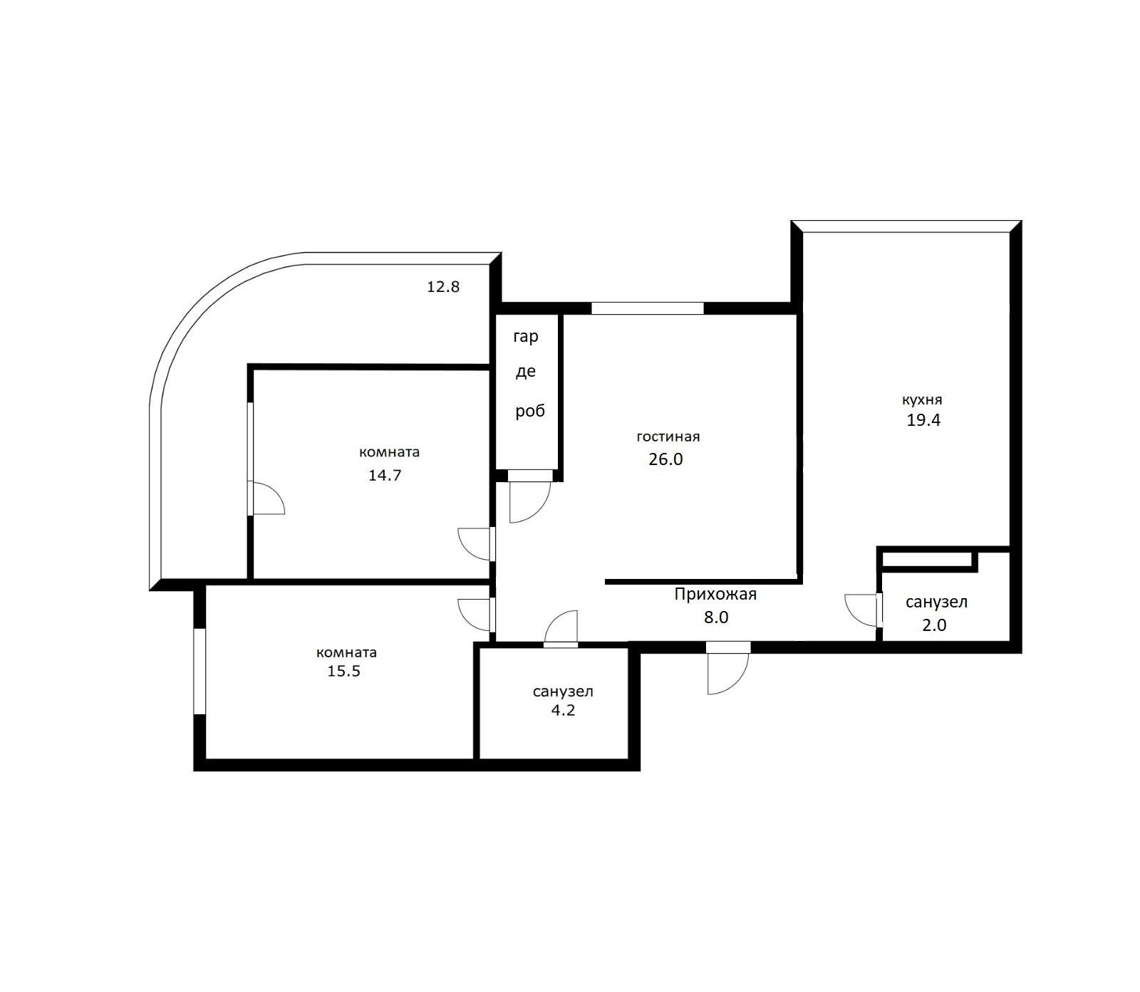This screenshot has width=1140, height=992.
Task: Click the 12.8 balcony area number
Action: tap(443, 287)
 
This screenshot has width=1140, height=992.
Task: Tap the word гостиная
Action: tap(668, 437)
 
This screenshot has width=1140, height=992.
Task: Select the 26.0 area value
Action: tap(665, 459)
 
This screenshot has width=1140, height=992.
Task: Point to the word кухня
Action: tap(922, 400)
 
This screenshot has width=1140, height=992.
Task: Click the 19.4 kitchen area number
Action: tap(923, 420)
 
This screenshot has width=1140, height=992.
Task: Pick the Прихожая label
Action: tap(715, 594)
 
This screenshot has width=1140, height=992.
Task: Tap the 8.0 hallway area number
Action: tap(716, 617)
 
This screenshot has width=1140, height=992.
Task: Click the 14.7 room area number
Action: tap(385, 475)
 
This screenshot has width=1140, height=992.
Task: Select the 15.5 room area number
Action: tap(343, 671)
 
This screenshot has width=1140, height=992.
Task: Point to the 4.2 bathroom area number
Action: tap(563, 710)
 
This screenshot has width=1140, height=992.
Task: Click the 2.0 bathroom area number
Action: tap(933, 625)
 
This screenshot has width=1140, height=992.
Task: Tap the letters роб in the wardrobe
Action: tap(530, 412)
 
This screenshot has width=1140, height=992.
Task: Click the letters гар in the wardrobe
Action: tap(526, 338)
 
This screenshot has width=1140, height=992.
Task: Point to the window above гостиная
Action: tap(648, 308)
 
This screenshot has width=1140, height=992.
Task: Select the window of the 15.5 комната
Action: tap(200, 672)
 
